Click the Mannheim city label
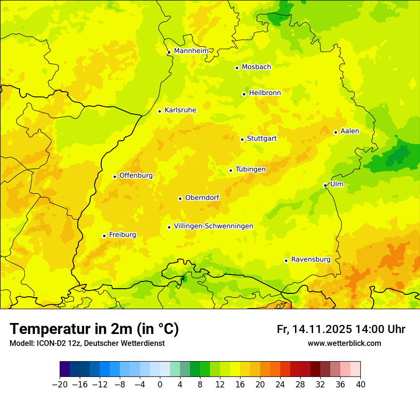tap(191, 51)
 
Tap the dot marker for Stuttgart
tap(242, 139)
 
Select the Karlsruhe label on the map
tap(180, 110)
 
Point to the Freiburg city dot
tap(104, 236)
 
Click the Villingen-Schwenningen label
tap(213, 226)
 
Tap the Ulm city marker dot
tap(325, 185)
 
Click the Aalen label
tap(350, 131)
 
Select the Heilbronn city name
tap(265, 93)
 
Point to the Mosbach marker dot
tap(237, 68)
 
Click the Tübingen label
tap(251, 169)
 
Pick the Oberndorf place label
tap(202, 197)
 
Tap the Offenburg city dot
tap(115, 177)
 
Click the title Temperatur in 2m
tap(94, 329)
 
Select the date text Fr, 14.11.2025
tap(315, 329)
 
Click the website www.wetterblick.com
tap(344, 343)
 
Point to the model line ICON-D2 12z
tap(87, 343)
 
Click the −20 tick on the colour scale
tap(60, 385)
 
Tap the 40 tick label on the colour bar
tap(360, 385)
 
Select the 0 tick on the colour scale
tap(160, 385)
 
